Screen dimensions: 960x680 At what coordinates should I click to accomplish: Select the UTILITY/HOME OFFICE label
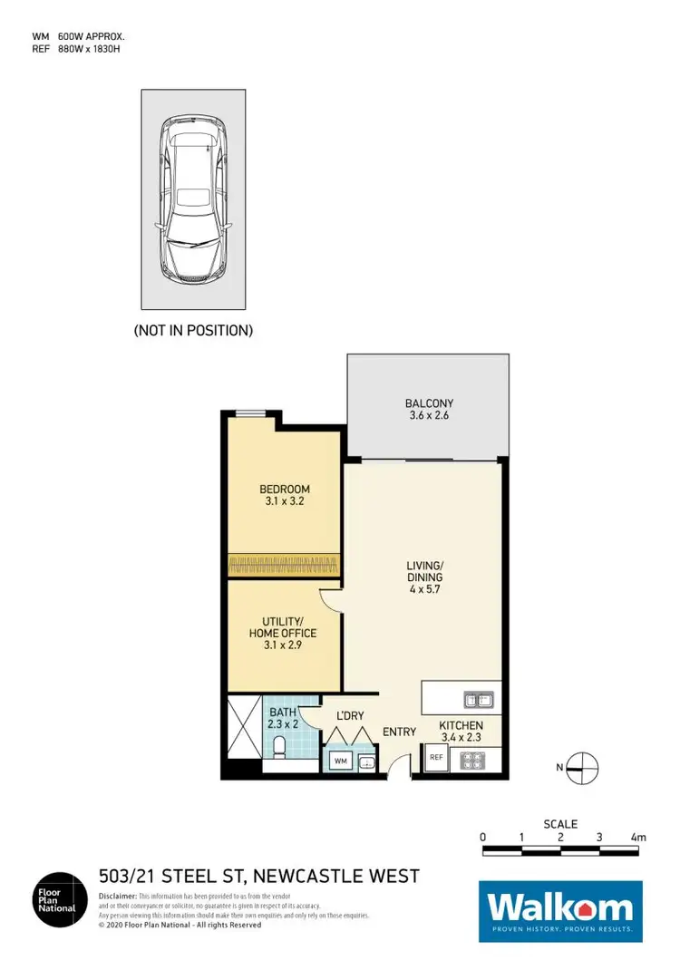click(283, 626)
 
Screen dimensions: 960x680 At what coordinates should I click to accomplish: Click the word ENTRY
click(399, 732)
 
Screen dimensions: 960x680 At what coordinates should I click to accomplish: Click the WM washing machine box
click(342, 760)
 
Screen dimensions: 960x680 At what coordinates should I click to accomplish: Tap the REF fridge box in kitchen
click(436, 758)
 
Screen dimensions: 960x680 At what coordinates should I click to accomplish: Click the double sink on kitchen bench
click(477, 699)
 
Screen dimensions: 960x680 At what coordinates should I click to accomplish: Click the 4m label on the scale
click(638, 836)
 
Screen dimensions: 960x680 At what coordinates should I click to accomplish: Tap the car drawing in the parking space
click(192, 200)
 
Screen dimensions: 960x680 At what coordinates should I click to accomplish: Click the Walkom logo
click(560, 909)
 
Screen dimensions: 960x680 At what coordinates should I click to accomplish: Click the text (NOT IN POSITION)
click(193, 331)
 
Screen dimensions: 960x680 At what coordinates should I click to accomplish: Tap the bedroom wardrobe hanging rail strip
click(284, 564)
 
